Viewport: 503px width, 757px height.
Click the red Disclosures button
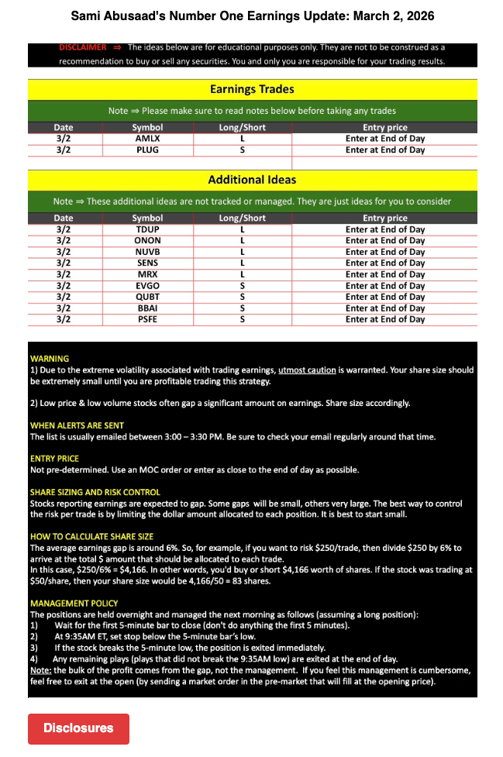pyautogui.click(x=78, y=728)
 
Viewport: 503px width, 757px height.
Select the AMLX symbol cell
pyautogui.click(x=147, y=139)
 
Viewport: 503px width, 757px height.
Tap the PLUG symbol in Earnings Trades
pyautogui.click(x=147, y=150)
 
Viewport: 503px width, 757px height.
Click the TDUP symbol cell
pyautogui.click(x=147, y=229)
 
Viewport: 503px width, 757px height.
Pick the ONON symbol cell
pyautogui.click(x=147, y=241)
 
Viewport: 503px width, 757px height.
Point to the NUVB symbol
pyautogui.click(x=147, y=252)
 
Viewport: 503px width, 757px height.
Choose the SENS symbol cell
pyautogui.click(x=147, y=263)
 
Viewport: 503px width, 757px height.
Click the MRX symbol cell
pyautogui.click(x=147, y=274)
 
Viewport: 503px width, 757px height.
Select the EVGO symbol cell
pyautogui.click(x=147, y=286)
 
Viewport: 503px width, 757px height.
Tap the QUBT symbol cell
pyautogui.click(x=147, y=297)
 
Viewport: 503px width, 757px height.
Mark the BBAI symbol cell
pyautogui.click(x=147, y=308)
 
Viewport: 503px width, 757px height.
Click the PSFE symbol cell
pyautogui.click(x=147, y=319)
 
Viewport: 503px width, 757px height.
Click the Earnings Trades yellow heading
pyautogui.click(x=252, y=89)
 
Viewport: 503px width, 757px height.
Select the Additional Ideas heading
pyautogui.click(x=252, y=180)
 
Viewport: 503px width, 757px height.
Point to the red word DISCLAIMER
pyautogui.click(x=82, y=47)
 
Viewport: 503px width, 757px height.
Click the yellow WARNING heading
pyautogui.click(x=49, y=359)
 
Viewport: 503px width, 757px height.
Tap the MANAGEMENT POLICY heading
pyautogui.click(x=74, y=603)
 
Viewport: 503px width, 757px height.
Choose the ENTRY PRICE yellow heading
pyautogui.click(x=54, y=459)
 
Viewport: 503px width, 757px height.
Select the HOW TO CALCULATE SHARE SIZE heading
pyautogui.click(x=91, y=536)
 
